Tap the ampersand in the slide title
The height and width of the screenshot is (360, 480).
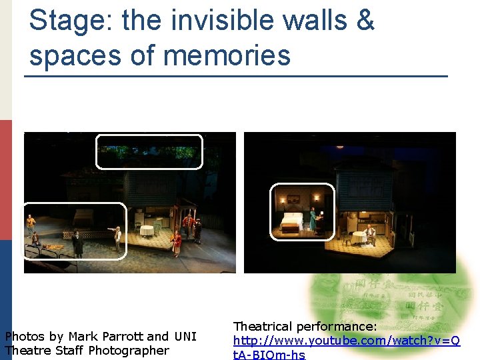click(365, 20)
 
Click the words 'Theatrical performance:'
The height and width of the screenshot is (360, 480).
click(305, 327)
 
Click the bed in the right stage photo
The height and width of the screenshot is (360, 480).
click(292, 223)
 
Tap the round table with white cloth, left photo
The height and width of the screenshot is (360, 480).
click(147, 231)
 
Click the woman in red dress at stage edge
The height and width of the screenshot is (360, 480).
click(177, 242)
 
